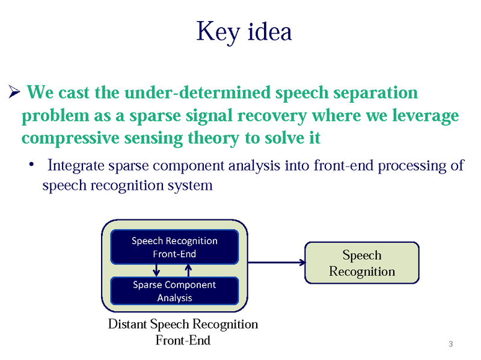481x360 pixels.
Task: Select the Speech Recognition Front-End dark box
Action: [174, 247]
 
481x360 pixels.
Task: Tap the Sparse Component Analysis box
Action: [174, 291]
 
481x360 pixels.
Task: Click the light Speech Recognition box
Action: [362, 263]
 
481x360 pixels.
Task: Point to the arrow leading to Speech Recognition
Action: [277, 262]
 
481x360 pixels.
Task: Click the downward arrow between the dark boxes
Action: [155, 270]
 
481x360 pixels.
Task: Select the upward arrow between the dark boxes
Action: [189, 270]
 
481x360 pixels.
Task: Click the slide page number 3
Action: [450, 344]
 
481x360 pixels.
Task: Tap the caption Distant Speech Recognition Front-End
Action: [183, 332]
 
